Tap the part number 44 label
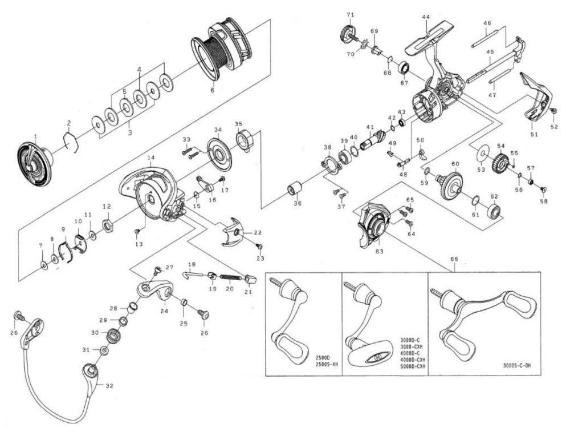pos(426,17)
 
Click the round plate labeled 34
pos(218,152)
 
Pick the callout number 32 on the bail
pos(109,385)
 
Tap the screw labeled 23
pos(260,247)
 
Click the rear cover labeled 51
pos(536,97)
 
